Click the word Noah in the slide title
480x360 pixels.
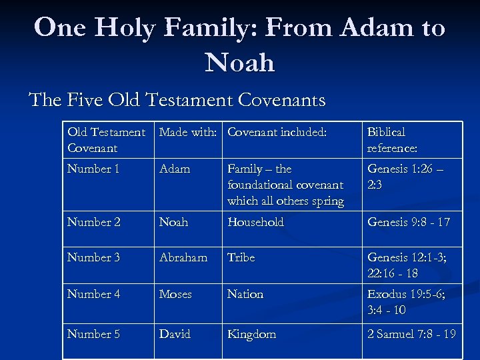[x=240, y=63]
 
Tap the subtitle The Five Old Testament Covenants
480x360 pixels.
[x=177, y=100]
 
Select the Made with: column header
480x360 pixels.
[x=187, y=133]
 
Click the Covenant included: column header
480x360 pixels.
[x=277, y=133]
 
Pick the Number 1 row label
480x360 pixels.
[x=93, y=169]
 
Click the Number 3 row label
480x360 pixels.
[x=93, y=257]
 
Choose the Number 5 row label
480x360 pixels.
[x=93, y=334]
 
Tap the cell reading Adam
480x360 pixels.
[x=174, y=169]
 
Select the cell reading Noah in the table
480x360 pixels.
[x=173, y=222]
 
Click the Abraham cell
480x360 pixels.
[x=183, y=257]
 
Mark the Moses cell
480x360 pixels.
[x=175, y=294]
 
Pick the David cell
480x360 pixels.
[x=175, y=334]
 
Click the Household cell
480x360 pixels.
[x=255, y=222]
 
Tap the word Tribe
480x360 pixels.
[x=241, y=257]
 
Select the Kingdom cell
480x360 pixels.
[x=251, y=334]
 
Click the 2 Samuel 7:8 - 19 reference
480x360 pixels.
[x=411, y=334]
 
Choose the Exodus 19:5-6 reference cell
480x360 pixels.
[x=405, y=301]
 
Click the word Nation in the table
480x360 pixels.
[x=245, y=294]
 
